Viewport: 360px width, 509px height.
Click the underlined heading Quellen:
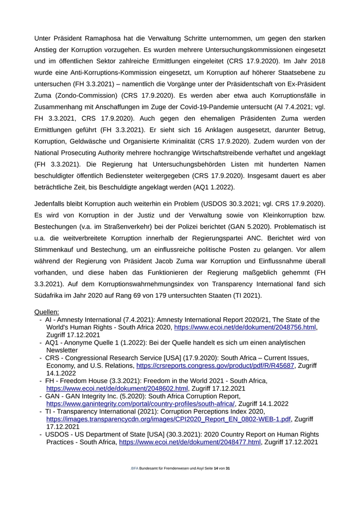click(x=47, y=312)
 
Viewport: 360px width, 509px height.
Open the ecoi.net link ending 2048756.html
click(x=245, y=327)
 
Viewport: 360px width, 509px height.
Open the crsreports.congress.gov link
click(x=215, y=366)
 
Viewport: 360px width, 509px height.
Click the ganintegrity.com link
click(x=140, y=404)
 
